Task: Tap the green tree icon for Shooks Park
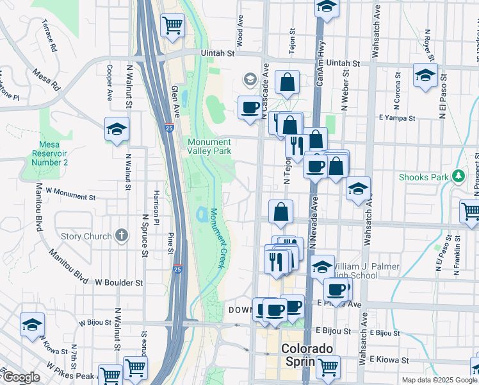point(458,176)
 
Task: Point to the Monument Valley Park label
point(209,146)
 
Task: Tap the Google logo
point(20,377)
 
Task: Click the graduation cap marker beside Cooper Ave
point(117,130)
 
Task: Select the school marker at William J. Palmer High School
point(322,268)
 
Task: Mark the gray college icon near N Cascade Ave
point(250,81)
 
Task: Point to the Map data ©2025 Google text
point(439,380)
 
